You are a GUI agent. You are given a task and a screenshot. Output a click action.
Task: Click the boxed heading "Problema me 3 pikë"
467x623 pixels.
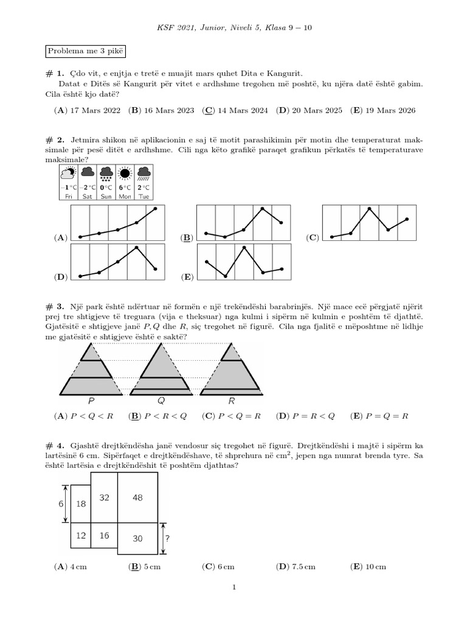click(85, 52)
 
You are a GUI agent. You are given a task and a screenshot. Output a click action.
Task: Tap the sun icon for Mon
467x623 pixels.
click(125, 173)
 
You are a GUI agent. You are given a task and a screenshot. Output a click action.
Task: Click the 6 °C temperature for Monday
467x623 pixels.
click(125, 188)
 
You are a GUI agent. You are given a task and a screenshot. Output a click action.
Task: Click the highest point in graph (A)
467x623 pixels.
click(156, 209)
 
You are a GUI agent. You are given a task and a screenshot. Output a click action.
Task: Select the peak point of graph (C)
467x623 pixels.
click(369, 209)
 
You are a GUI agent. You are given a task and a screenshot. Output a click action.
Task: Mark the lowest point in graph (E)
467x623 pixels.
click(226, 276)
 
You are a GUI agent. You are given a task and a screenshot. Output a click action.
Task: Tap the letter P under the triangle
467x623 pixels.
click(91, 401)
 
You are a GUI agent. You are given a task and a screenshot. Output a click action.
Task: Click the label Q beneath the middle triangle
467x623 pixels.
click(161, 401)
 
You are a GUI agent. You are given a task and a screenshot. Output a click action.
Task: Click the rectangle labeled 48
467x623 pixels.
click(137, 498)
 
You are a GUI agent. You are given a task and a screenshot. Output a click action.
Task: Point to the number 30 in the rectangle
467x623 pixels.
click(137, 538)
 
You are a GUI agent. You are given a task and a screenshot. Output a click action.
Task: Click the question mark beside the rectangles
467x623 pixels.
click(167, 538)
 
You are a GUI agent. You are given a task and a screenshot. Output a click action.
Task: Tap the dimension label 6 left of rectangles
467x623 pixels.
click(61, 504)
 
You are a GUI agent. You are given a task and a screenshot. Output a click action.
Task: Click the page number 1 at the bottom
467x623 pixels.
click(233, 588)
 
